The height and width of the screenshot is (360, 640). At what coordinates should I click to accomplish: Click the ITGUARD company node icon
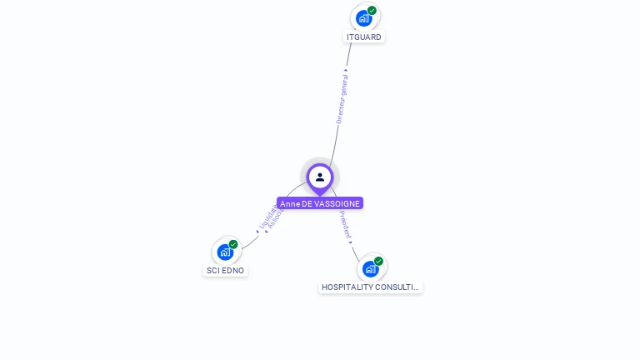[x=364, y=17]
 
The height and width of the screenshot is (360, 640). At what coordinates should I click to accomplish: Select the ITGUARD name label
[x=364, y=37]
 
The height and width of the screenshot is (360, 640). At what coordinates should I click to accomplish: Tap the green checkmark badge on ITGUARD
[x=372, y=10]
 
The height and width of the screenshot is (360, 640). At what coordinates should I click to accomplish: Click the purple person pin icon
[x=320, y=177]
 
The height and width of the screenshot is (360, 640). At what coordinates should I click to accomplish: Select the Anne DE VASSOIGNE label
[x=320, y=203]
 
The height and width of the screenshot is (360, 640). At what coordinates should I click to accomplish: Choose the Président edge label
[x=346, y=223]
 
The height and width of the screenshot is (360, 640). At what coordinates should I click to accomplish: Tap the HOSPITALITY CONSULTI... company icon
[x=371, y=268]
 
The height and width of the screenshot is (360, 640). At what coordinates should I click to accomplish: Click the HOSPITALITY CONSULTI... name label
[x=370, y=287]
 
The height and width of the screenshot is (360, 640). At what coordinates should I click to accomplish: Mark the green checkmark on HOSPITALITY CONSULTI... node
[x=378, y=261]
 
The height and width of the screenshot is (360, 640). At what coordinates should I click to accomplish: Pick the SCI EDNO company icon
[x=225, y=252]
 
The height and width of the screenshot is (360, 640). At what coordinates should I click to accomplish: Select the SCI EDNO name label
[x=226, y=271]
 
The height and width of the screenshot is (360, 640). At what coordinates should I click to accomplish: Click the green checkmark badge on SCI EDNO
[x=233, y=244]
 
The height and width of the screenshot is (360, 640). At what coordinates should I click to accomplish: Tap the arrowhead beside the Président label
[x=351, y=241]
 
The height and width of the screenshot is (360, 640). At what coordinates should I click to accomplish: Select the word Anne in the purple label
[x=289, y=203]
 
